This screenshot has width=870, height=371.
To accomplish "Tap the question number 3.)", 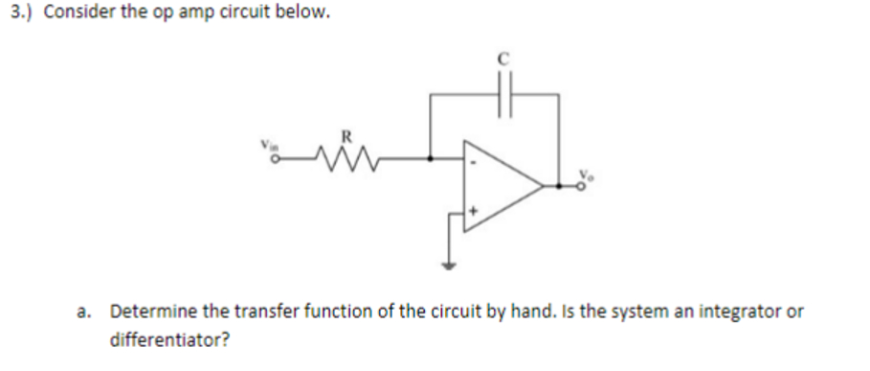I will tap(20, 17).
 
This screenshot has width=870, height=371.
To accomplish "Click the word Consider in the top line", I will tap(79, 17).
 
